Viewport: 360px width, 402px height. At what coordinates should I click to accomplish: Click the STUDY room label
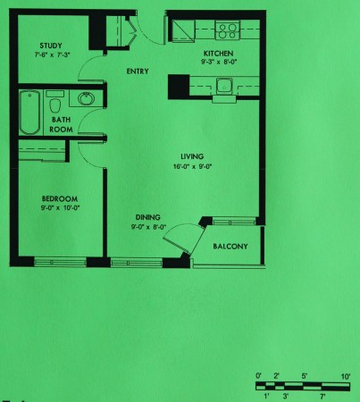51,46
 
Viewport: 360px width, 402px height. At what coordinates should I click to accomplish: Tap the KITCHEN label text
218,54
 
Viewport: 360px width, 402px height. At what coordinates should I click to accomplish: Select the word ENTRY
138,71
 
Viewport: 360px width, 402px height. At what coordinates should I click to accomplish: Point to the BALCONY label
230,247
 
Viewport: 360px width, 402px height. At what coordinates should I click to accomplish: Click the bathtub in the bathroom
29,113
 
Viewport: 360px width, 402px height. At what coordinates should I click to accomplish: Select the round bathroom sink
87,98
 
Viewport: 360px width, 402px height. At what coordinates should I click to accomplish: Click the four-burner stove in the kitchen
228,30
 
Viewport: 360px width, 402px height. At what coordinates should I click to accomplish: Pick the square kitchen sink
224,86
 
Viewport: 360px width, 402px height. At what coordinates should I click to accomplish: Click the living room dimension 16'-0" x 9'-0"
192,166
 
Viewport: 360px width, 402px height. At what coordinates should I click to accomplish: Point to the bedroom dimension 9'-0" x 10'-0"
61,207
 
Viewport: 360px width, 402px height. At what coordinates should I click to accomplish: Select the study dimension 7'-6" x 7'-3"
53,54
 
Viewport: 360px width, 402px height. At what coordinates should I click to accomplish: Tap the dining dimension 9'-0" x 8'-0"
148,227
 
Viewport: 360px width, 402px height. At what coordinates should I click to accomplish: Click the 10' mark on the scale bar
346,377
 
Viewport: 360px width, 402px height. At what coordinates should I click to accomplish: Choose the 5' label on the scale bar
305,376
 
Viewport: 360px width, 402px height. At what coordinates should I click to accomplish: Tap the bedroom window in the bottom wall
61,263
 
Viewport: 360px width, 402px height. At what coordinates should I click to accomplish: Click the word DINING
148,217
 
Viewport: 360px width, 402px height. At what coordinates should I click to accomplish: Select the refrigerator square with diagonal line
183,30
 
